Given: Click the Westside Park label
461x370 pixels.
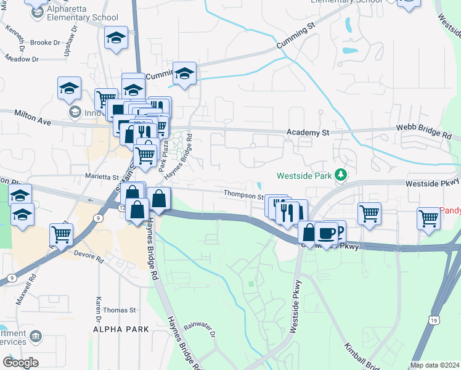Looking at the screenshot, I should (x=304, y=175).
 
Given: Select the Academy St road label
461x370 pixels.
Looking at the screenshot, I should (x=309, y=133).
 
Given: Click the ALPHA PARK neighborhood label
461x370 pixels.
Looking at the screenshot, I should (x=121, y=330).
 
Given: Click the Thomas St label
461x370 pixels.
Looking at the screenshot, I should (x=120, y=310).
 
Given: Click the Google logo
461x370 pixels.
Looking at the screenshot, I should (x=20, y=363).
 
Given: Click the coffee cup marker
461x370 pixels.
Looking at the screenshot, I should (x=327, y=232).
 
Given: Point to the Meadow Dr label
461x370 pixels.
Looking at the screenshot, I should (x=22, y=59).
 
